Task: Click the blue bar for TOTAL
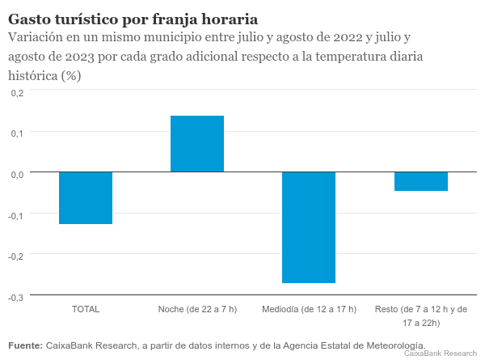click(86, 197)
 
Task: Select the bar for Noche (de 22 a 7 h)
click(197, 144)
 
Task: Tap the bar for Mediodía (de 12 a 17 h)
click(309, 227)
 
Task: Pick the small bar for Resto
click(420, 181)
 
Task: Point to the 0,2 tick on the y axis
click(18, 92)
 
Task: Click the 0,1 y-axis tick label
click(18, 133)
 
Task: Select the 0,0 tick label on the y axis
click(18, 174)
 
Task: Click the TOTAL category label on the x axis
click(86, 310)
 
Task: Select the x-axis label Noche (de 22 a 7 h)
click(197, 310)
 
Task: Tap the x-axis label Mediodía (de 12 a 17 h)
click(309, 310)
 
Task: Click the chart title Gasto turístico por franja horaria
click(134, 19)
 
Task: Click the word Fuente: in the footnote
click(25, 345)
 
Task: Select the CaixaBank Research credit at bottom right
click(440, 354)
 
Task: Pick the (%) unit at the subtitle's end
click(72, 75)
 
